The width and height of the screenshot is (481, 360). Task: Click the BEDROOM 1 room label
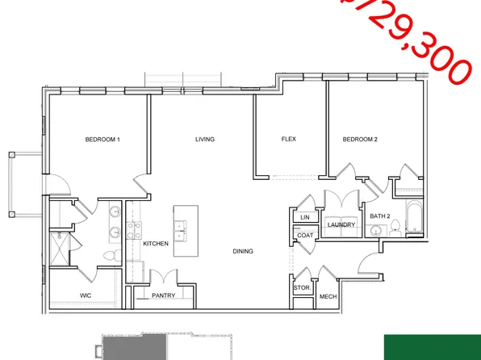(x=102, y=140)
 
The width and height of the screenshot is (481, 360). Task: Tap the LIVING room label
(x=205, y=140)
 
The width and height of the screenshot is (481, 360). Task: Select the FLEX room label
(x=288, y=140)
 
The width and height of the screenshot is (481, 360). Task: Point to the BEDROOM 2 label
(x=360, y=140)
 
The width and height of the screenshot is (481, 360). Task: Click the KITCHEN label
(x=155, y=243)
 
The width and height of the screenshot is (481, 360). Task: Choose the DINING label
(x=243, y=251)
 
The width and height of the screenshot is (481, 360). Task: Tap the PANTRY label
(x=164, y=296)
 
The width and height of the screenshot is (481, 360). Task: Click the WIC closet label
(x=86, y=295)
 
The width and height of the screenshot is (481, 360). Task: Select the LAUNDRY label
(x=341, y=224)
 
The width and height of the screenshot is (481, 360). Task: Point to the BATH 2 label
(x=379, y=216)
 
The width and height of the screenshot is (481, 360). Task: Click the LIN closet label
(x=304, y=217)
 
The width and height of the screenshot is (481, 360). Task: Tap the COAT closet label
(x=304, y=236)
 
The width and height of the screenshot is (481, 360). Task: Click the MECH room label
(x=328, y=296)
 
